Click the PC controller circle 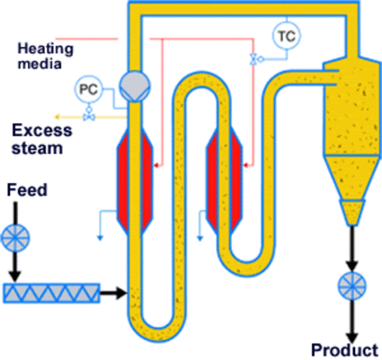88,90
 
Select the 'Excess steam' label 42,139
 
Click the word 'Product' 344,349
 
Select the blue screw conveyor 52,291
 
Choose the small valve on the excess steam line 89,117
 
